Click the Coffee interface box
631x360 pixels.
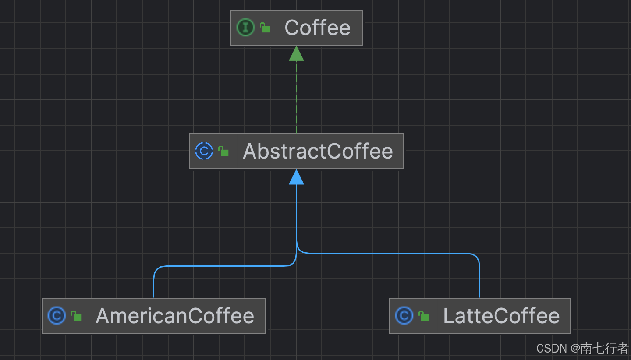click(x=296, y=28)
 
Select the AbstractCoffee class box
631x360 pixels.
click(x=296, y=151)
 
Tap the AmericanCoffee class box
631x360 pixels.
click(x=153, y=316)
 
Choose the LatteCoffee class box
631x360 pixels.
click(x=480, y=316)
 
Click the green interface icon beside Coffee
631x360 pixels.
click(x=245, y=28)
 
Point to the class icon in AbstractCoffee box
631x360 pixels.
click(x=204, y=151)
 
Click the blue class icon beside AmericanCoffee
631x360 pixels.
click(x=57, y=315)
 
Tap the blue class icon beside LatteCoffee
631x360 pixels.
click(x=404, y=315)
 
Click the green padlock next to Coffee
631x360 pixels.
click(x=265, y=28)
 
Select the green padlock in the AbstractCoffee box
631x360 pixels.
click(x=223, y=152)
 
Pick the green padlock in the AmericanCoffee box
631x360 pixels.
click(x=76, y=316)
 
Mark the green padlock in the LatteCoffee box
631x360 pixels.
click(x=424, y=316)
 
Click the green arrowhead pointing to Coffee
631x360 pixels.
click(x=296, y=53)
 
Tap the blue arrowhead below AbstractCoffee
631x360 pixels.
click(x=296, y=177)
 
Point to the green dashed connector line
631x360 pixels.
click(x=296, y=96)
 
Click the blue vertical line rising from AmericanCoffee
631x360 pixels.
click(x=154, y=285)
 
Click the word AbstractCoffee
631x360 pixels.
click(x=318, y=151)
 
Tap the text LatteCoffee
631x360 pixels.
click(x=501, y=316)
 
